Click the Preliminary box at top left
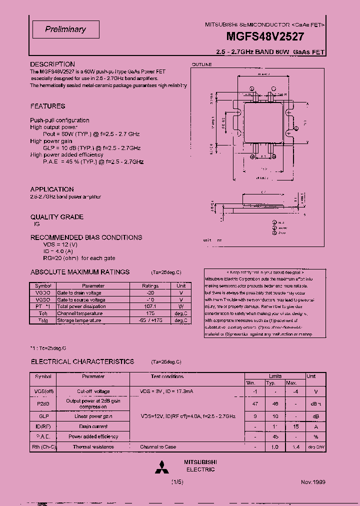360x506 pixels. coord(65,29)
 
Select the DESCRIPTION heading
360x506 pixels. coord(52,64)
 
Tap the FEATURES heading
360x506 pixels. coord(47,106)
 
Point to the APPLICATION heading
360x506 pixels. coord(52,189)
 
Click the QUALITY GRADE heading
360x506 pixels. coord(57,217)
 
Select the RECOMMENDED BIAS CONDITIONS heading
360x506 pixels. coord(86,237)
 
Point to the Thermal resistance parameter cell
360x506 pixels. coord(93,447)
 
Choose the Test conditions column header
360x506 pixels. coord(167,376)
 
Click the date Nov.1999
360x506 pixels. coord(313,482)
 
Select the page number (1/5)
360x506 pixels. coord(178,482)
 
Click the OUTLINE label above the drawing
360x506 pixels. coord(202,64)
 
